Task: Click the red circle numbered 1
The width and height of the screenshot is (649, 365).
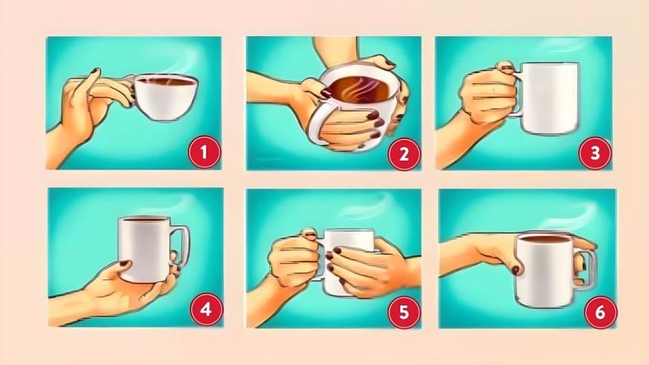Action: (x=204, y=152)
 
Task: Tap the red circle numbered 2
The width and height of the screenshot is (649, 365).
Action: (x=404, y=154)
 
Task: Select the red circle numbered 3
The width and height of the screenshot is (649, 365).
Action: (x=595, y=153)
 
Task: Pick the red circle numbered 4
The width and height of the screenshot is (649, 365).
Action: (x=206, y=310)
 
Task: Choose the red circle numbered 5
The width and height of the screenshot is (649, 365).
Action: (x=404, y=312)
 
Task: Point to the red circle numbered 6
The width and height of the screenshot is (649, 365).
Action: (x=600, y=312)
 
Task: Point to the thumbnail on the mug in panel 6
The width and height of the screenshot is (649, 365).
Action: (x=516, y=270)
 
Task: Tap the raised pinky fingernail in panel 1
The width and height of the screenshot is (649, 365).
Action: (x=95, y=71)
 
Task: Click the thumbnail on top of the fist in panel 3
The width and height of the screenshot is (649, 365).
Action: (x=506, y=66)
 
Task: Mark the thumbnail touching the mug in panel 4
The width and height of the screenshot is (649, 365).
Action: (x=124, y=263)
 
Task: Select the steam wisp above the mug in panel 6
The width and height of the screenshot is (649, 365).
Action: (x=571, y=215)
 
